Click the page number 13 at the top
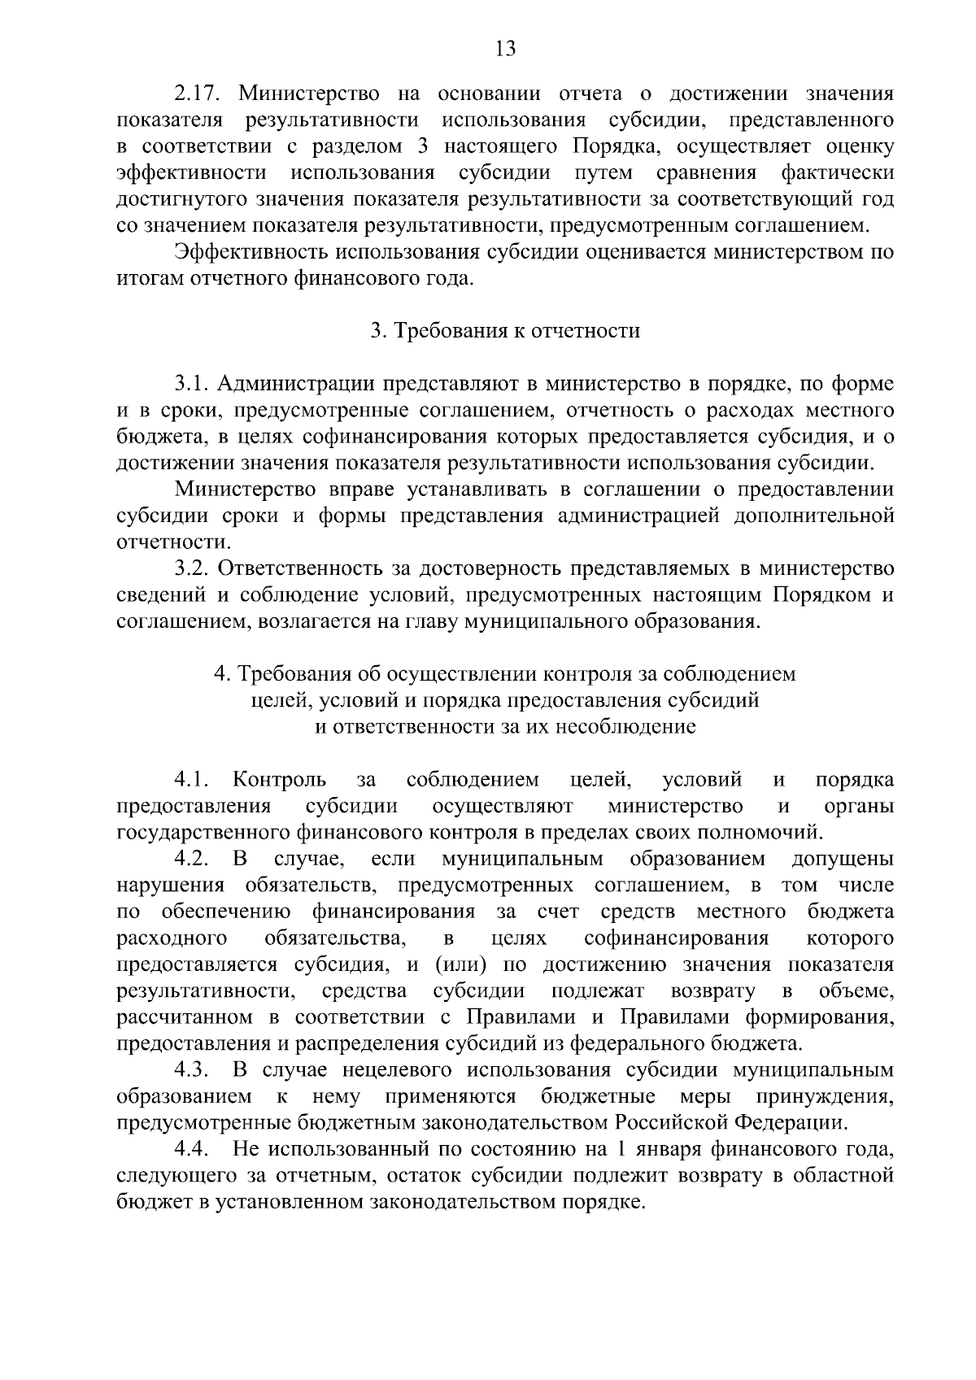click(x=505, y=49)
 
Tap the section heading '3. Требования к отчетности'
click(x=505, y=331)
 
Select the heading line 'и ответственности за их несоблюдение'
click(x=505, y=726)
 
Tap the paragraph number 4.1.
click(x=193, y=781)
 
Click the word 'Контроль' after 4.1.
click(x=280, y=781)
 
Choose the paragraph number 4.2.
click(x=193, y=860)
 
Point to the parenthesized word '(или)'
click(x=460, y=965)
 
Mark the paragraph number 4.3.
click(x=193, y=1070)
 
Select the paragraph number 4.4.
click(x=193, y=1150)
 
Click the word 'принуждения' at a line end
click(x=826, y=1097)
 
